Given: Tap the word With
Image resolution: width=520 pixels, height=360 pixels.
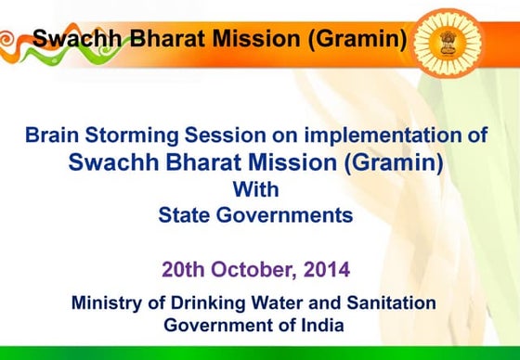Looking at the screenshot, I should click(255, 189).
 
